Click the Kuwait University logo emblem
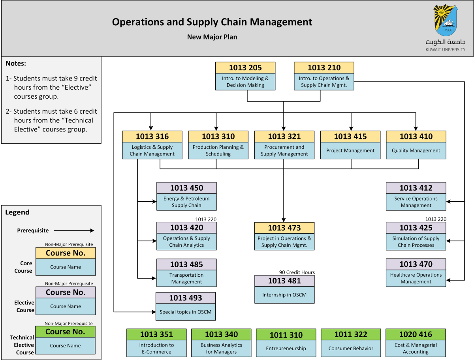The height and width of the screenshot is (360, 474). coord(446,21)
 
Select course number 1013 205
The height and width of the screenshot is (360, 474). coord(245,67)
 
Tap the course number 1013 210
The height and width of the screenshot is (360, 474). coord(324,67)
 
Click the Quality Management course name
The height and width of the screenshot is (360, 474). coord(416,150)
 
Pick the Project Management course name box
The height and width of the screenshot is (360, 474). coord(350,150)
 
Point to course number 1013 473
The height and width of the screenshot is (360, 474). coord(284,228)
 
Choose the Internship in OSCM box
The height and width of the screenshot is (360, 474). coord(284,294)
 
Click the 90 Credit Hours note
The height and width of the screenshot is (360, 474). coord(297,272)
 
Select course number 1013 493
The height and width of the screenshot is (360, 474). coord(186,298)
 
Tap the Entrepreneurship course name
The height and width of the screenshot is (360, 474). coord(286,349)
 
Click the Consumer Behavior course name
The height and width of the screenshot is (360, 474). coord(351,349)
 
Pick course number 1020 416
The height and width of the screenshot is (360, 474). coord(416,334)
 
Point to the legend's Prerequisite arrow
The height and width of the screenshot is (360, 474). coord(74,231)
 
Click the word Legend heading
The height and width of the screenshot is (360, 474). coord(17,212)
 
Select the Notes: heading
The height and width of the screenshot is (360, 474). coord(16,64)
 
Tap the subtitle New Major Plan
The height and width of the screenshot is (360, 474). coord(212,37)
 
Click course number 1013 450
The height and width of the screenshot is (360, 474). coord(186,188)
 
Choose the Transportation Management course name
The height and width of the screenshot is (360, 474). coord(186,278)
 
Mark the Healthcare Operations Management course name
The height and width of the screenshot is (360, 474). coord(416,278)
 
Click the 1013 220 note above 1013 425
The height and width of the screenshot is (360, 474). coord(435,219)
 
